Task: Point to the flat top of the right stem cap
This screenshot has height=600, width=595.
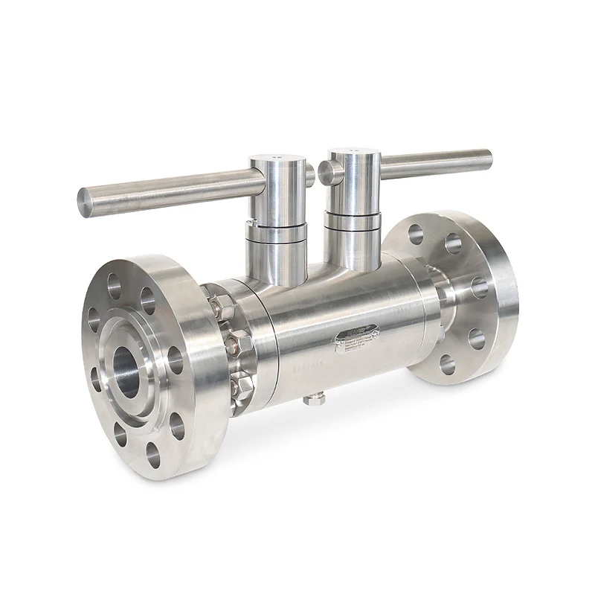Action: pyautogui.click(x=352, y=154)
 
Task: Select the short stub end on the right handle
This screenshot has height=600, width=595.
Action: pyautogui.click(x=325, y=173)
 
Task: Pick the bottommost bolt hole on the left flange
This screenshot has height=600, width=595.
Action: pyautogui.click(x=154, y=452)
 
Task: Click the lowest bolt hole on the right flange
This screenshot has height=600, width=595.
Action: pyautogui.click(x=446, y=365)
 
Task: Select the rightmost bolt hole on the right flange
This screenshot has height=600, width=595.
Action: pyautogui.click(x=480, y=287)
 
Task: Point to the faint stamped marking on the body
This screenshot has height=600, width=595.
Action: pyautogui.click(x=305, y=365)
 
